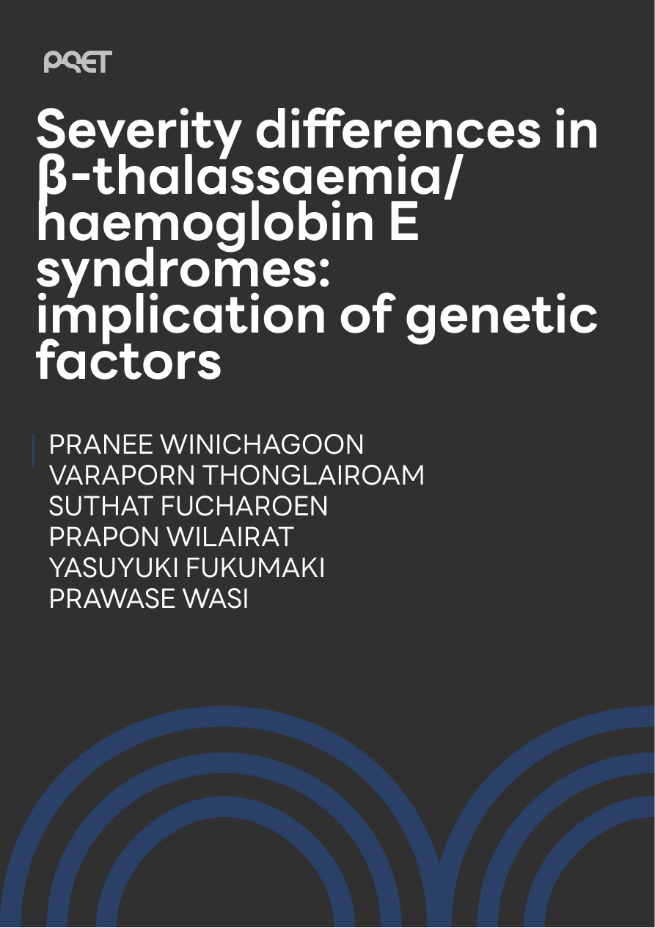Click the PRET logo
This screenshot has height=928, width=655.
coord(78,62)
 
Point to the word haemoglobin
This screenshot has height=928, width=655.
coord(205,222)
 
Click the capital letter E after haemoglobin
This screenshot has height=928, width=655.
coord(403,220)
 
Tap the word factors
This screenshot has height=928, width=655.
coord(129,359)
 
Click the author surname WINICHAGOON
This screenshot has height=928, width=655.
coord(262,444)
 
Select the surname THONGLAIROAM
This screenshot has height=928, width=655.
coord(315,475)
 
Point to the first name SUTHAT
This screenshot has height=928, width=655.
coord(100,507)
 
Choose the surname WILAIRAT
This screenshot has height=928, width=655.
coord(231,537)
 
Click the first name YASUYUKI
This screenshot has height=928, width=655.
coord(114,568)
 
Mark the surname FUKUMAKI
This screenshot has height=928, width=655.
coord(255,568)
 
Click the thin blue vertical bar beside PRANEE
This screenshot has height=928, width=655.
coord(33,450)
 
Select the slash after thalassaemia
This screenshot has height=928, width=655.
coord(449,175)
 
